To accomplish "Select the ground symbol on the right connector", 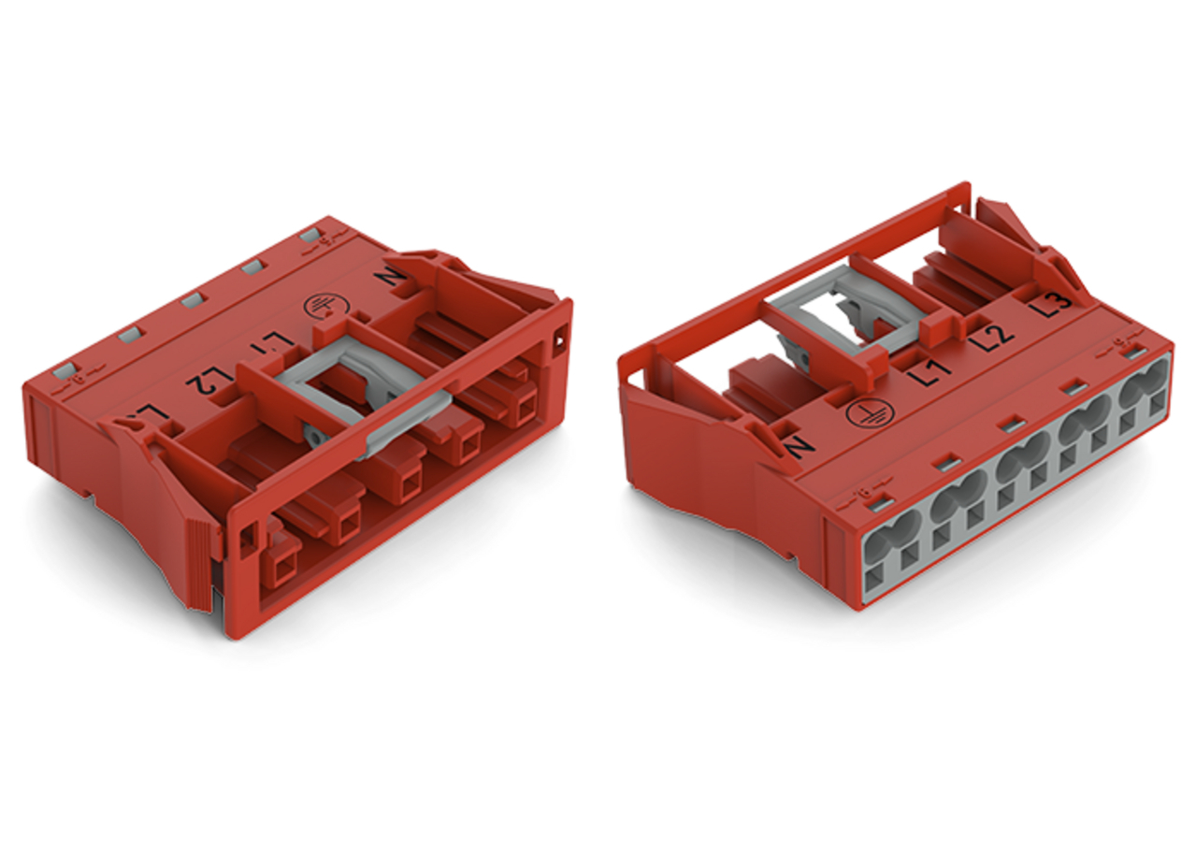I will click(x=861, y=414).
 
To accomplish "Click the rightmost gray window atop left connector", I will click(x=310, y=235).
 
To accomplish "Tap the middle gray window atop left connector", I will click(x=193, y=300).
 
